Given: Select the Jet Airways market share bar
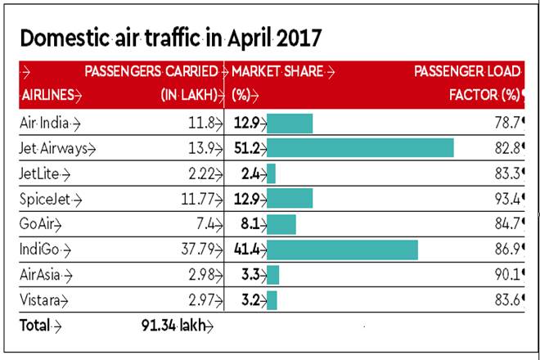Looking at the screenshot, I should [x=360, y=148].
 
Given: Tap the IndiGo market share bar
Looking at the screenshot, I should [x=342, y=250].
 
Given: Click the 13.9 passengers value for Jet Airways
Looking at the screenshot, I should [x=202, y=148].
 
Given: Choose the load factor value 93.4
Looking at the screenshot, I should [x=505, y=199].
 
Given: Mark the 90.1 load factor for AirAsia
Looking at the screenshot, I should [x=505, y=274].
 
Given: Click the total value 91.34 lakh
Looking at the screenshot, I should [x=173, y=326].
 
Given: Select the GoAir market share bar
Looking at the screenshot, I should [x=281, y=224].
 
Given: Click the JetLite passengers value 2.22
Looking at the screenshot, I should [x=200, y=173].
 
